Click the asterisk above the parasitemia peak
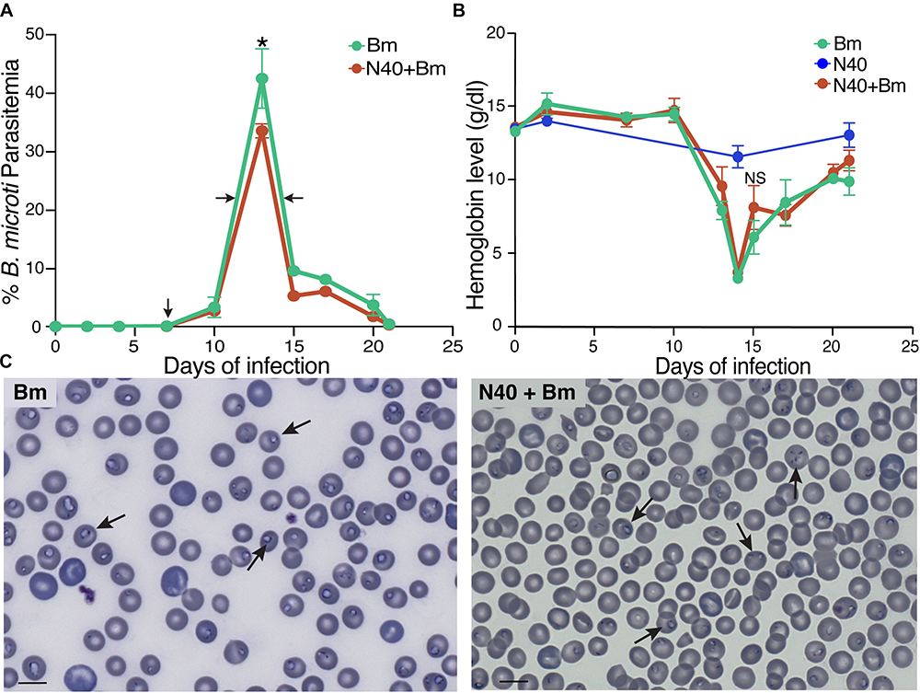(263, 42)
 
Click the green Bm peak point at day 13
(262, 79)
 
